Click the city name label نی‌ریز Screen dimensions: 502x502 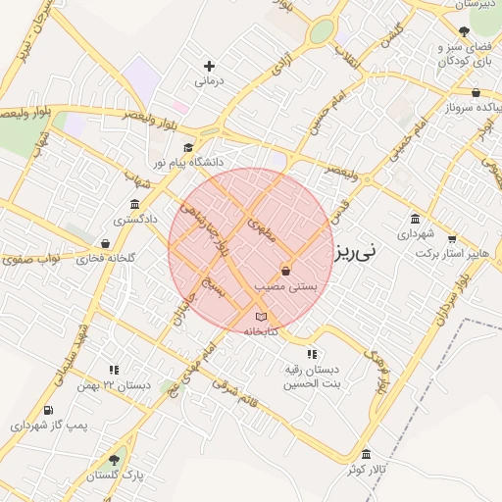tap(353, 252)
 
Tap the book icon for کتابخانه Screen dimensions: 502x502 tap(260, 317)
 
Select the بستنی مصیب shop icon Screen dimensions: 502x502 tap(285, 270)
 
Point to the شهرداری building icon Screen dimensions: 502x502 tap(416, 219)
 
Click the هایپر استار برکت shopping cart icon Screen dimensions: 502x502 tap(451, 237)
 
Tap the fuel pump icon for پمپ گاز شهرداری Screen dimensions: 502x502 tap(48, 410)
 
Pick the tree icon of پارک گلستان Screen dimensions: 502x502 tap(114, 459)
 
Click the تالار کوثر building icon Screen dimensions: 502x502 tap(366, 454)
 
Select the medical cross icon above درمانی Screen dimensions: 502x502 tap(206, 66)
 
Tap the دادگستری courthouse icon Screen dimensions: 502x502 tap(133, 204)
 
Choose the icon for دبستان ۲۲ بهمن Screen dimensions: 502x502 tap(114, 371)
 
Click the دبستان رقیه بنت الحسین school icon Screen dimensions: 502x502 tap(311, 354)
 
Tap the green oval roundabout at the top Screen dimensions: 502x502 tap(321, 32)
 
